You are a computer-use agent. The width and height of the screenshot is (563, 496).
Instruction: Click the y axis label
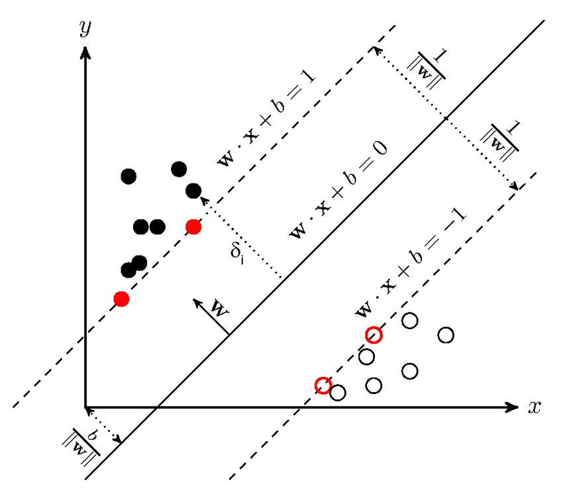point(84,28)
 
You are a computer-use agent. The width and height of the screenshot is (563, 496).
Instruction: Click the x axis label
point(535,407)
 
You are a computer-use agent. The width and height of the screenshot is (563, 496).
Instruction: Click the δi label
point(238,254)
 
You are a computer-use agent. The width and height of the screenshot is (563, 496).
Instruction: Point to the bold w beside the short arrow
point(219,309)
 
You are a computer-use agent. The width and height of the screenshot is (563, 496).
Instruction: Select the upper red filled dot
point(193,227)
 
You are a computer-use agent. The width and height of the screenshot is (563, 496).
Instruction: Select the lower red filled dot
point(121,299)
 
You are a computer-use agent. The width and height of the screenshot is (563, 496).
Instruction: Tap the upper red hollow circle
point(374,334)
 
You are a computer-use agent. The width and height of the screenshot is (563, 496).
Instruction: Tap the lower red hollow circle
point(323,385)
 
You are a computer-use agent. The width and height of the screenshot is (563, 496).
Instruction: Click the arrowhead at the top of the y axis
point(85,49)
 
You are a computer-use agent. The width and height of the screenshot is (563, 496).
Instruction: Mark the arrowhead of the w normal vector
point(196,302)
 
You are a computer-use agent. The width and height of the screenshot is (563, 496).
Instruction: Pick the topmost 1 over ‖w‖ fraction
point(431,66)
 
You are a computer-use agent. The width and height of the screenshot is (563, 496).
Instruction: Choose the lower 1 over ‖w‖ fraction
point(504,140)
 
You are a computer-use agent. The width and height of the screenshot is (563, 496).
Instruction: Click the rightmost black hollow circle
point(446,335)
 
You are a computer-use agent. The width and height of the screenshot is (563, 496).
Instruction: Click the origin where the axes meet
point(85,407)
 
